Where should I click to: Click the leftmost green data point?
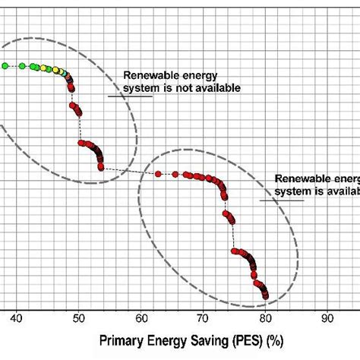(5, 66)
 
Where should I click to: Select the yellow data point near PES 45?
(51, 70)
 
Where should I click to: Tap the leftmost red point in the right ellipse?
(158, 174)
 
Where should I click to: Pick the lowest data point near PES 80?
(265, 295)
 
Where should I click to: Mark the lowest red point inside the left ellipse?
(101, 169)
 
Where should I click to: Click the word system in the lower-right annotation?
(294, 191)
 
